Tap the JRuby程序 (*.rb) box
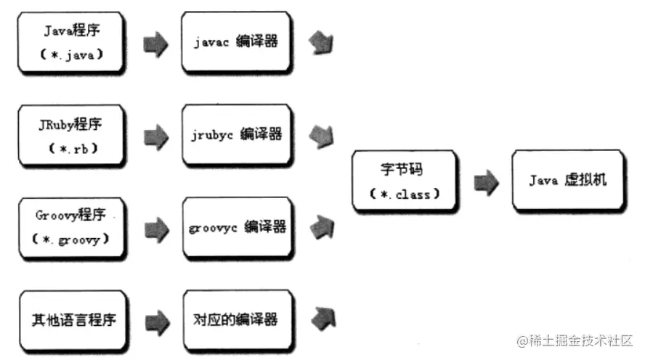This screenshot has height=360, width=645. point(71,135)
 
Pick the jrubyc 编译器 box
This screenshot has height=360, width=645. point(236,135)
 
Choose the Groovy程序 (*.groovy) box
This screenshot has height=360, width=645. point(71,226)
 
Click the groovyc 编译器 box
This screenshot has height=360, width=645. point(236,226)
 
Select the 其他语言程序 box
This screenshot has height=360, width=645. point(71,319)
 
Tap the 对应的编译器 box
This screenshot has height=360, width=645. point(236,319)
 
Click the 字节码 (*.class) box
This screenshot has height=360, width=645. point(404,181)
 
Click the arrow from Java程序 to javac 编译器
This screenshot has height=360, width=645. point(155,44)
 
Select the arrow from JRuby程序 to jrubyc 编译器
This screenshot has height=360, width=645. point(155,136)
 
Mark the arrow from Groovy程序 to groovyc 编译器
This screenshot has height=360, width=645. point(155,228)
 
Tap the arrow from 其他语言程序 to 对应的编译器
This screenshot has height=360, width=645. point(155,319)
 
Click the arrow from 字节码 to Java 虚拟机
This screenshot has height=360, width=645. point(486,181)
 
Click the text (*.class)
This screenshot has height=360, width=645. point(404,195)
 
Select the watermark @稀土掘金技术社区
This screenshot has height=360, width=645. point(575,340)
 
